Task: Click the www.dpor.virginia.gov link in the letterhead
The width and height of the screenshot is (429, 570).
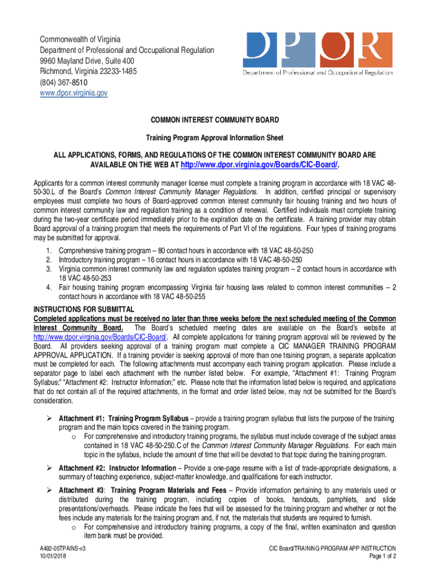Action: coord(73,93)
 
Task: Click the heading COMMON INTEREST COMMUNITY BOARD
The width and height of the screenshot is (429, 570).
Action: coord(214,120)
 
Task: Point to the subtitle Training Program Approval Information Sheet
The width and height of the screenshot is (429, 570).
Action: coord(214,137)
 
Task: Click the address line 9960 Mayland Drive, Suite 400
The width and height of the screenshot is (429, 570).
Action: coord(86,61)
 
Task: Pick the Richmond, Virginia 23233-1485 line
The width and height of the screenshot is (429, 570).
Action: coord(88,71)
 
